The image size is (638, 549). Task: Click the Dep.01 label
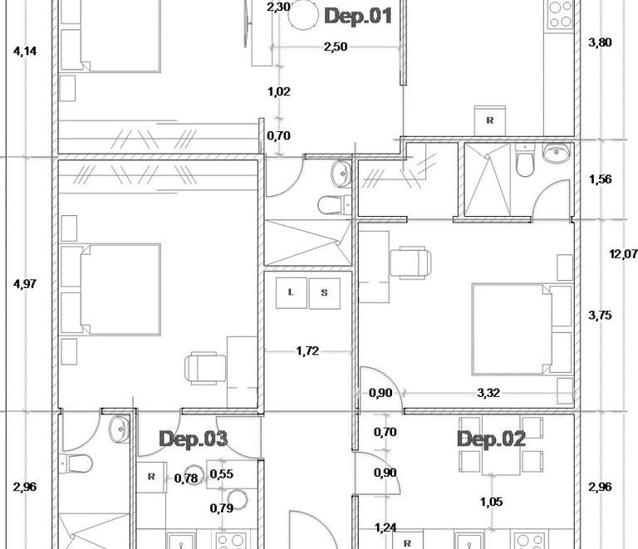pyautogui.click(x=358, y=17)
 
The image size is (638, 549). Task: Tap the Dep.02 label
pyautogui.click(x=491, y=439)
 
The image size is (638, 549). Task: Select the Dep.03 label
pyautogui.click(x=194, y=439)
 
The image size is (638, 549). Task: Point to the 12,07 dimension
pyautogui.click(x=623, y=254)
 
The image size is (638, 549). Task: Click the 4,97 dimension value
pyautogui.click(x=25, y=283)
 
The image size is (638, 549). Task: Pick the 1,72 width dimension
pyautogui.click(x=307, y=351)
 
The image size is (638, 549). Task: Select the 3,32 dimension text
pyautogui.click(x=488, y=393)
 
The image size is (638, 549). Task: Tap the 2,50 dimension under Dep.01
pyautogui.click(x=336, y=47)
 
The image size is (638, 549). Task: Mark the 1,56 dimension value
pyautogui.click(x=600, y=179)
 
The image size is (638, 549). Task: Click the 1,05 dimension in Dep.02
pyautogui.click(x=492, y=502)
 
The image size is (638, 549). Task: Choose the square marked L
pyautogui.click(x=291, y=293)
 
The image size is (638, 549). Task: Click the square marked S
pyautogui.click(x=324, y=294)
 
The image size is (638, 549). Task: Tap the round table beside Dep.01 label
pyautogui.click(x=303, y=15)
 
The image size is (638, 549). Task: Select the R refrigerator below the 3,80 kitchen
pyautogui.click(x=490, y=120)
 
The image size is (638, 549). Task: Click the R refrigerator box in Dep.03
pyautogui.click(x=151, y=477)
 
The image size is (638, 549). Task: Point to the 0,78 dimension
pyautogui.click(x=186, y=478)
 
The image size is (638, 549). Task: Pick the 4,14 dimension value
pyautogui.click(x=25, y=51)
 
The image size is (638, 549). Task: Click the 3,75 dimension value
pyautogui.click(x=600, y=315)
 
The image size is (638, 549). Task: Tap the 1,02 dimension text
pyautogui.click(x=279, y=91)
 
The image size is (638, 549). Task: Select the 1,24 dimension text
pyautogui.click(x=385, y=527)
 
